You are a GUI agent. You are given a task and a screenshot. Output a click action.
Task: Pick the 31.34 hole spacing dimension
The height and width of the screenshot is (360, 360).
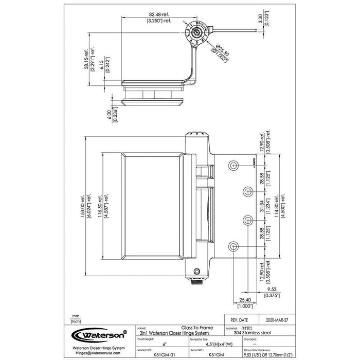262,206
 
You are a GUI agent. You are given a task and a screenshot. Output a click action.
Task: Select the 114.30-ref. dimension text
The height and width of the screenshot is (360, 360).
278,206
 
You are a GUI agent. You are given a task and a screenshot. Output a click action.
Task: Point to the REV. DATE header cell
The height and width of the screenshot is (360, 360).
239,319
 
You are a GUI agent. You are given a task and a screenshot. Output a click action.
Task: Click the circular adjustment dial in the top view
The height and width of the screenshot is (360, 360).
196,31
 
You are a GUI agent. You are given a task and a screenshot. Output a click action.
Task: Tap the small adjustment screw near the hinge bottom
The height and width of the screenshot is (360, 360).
197,272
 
